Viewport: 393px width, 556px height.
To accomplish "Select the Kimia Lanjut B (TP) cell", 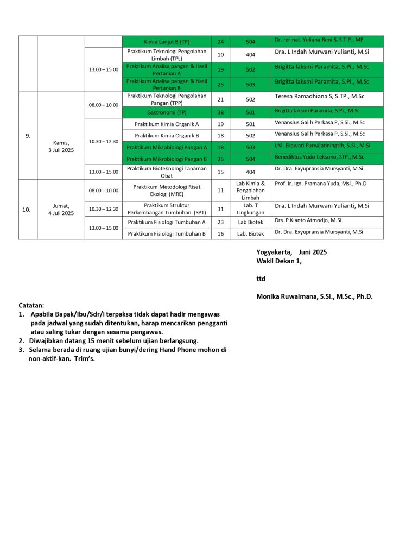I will point(167,41).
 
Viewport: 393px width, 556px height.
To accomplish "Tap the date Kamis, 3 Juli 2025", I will point(61,147).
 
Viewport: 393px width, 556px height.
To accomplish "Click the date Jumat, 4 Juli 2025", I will point(61,210).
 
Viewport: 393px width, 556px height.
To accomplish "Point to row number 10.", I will point(26,209).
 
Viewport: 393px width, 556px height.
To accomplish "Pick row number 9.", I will point(28,136).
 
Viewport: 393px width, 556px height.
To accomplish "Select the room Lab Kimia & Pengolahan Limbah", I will point(250,191).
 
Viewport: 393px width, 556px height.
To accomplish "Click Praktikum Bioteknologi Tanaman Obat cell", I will point(167,172).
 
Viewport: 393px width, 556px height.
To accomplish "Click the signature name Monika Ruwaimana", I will point(314,296).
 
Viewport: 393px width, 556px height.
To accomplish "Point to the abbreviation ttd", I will point(261,279).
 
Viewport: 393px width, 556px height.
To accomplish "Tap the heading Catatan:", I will point(31,305).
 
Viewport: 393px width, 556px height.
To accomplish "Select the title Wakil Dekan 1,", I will point(278,261).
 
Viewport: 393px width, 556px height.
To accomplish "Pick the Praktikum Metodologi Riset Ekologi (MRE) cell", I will point(167,191).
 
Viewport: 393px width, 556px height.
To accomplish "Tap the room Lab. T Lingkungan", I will point(250,209).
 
